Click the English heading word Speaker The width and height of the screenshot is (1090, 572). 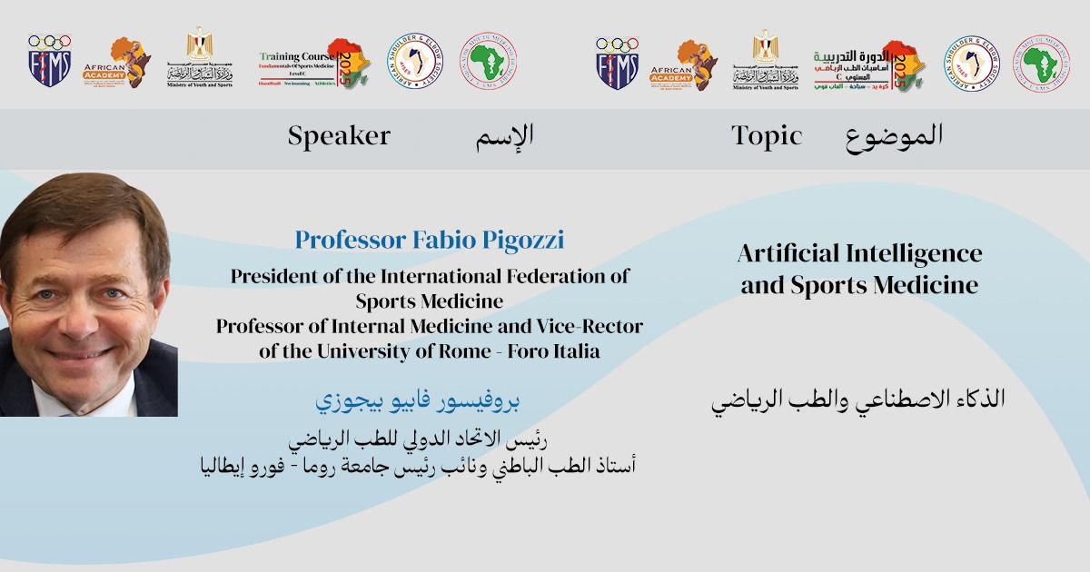click(x=339, y=136)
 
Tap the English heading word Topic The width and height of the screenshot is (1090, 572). click(x=767, y=136)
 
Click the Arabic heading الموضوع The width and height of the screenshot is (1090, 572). click(x=894, y=136)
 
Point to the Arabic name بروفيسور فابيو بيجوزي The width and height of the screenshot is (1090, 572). click(x=417, y=400)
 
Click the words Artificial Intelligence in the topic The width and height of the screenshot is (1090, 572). click(x=859, y=252)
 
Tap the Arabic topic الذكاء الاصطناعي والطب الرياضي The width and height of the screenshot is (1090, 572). click(x=857, y=400)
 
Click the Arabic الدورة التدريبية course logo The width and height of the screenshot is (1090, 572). click(x=868, y=64)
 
